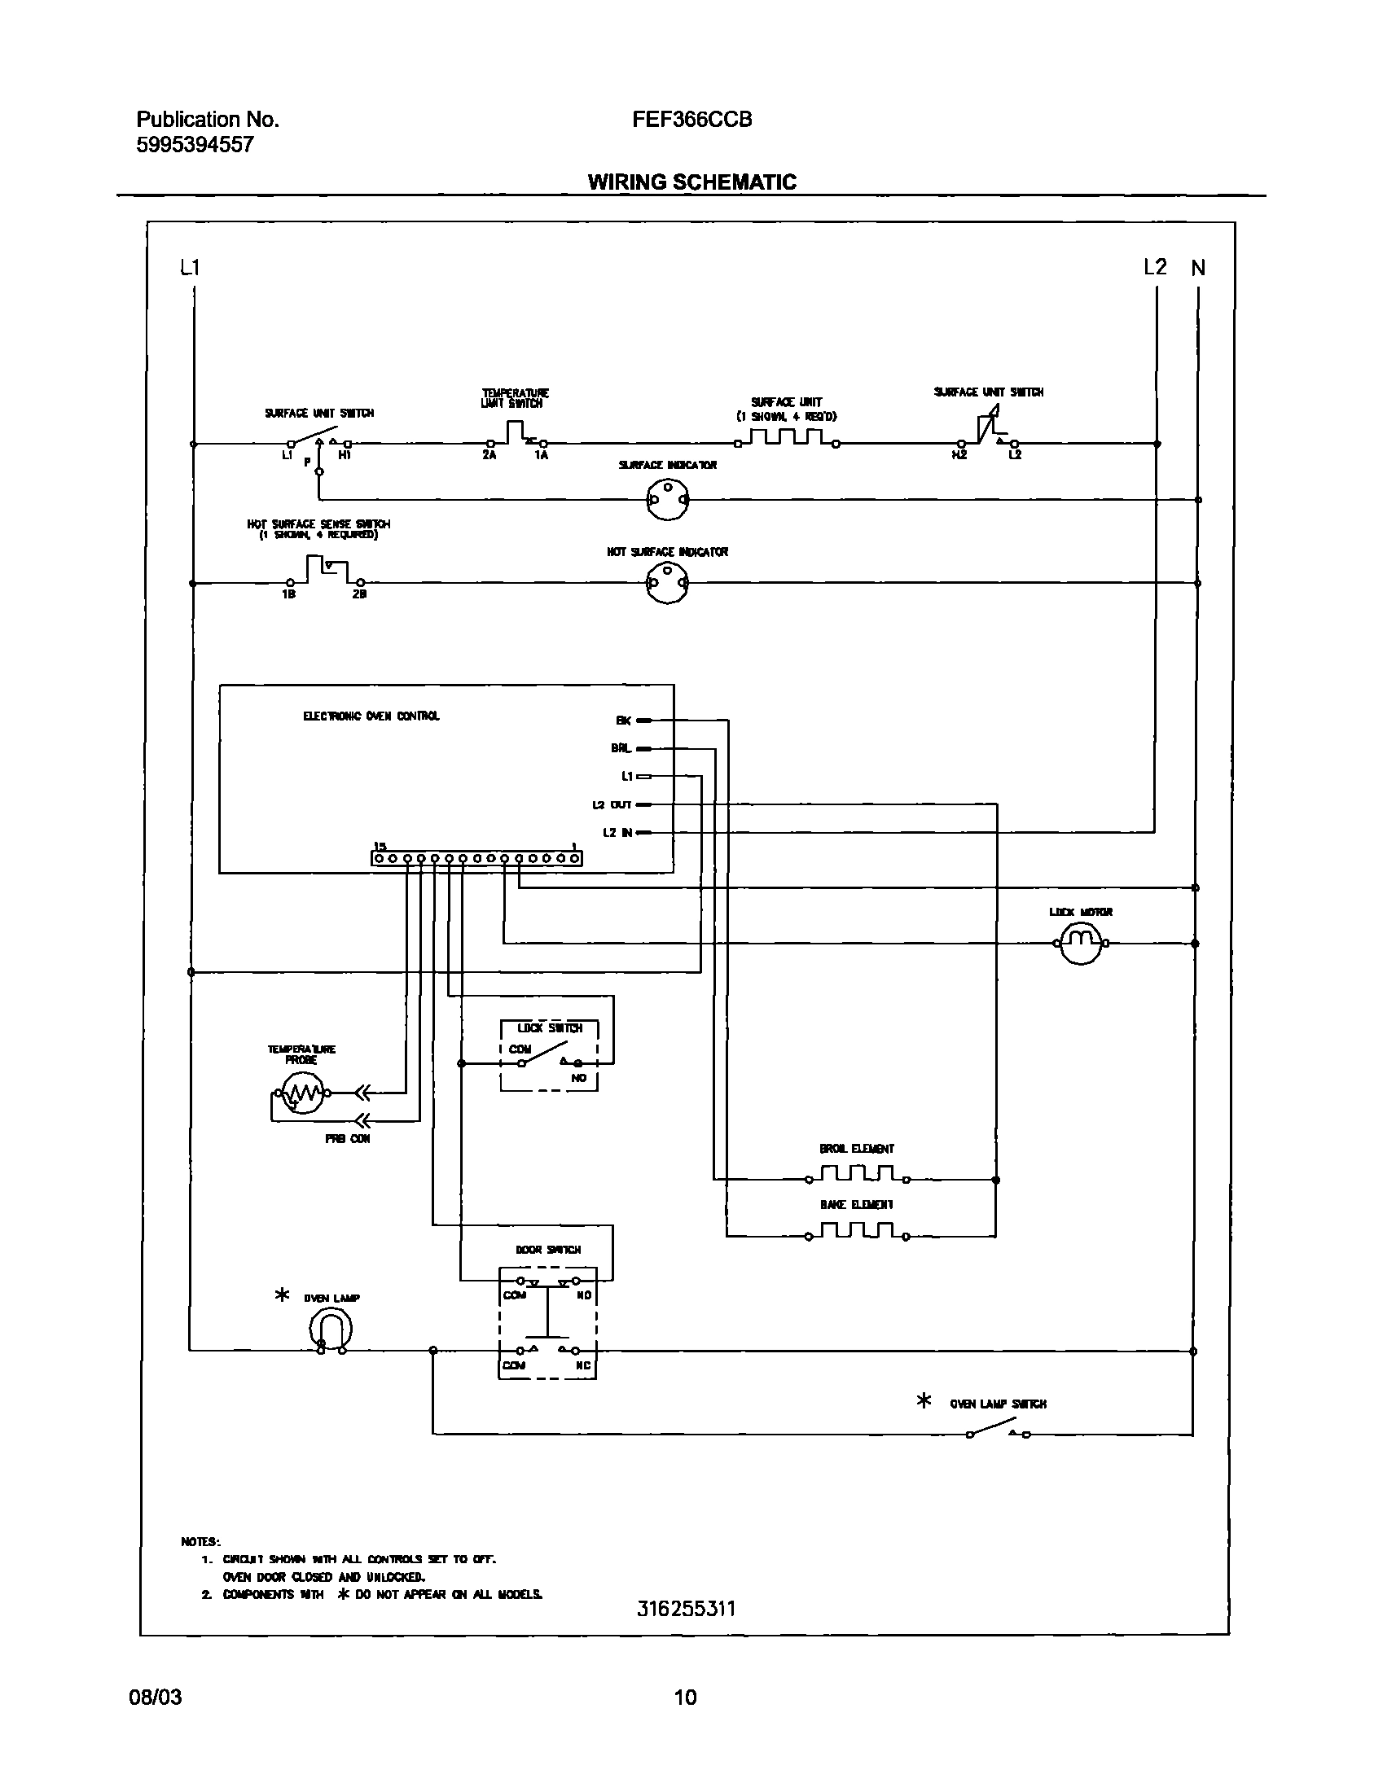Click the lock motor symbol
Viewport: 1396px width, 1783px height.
pyautogui.click(x=1081, y=943)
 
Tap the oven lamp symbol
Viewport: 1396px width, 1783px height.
pyautogui.click(x=330, y=1330)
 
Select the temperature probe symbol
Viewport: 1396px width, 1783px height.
pyautogui.click(x=301, y=1092)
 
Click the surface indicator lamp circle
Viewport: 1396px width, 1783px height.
pyautogui.click(x=668, y=498)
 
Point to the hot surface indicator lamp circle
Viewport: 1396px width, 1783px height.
pyautogui.click(x=667, y=584)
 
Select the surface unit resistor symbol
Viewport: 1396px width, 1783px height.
pyautogui.click(x=786, y=439)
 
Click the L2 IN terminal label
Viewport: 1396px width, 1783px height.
pyautogui.click(x=617, y=833)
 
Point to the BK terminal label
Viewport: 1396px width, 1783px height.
pyautogui.click(x=623, y=721)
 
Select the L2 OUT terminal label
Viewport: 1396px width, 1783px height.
pyautogui.click(x=612, y=805)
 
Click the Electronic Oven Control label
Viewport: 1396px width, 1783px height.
pyautogui.click(x=371, y=716)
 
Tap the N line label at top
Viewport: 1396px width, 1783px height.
pyautogui.click(x=1197, y=268)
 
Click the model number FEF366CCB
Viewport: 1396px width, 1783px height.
pyautogui.click(x=691, y=120)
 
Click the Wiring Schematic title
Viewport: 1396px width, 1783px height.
pyautogui.click(x=691, y=182)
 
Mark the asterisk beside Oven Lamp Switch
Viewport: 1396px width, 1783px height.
pyautogui.click(x=924, y=1401)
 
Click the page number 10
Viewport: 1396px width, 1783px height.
pyautogui.click(x=685, y=1698)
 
